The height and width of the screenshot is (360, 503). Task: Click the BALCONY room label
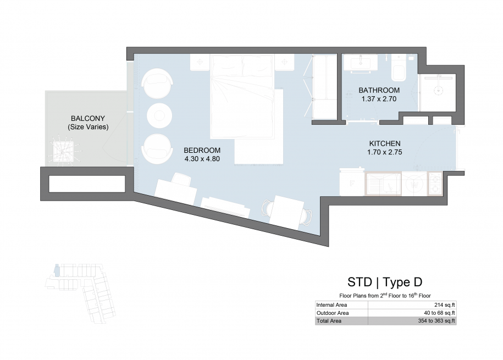[x=88, y=118]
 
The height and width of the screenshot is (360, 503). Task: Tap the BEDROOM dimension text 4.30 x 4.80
[x=202, y=159]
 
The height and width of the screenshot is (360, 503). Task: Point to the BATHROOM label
[x=379, y=90]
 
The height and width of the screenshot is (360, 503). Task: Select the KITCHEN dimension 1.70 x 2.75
[x=385, y=152]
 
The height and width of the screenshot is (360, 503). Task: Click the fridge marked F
[x=352, y=182]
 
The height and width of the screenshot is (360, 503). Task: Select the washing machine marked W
[x=414, y=184]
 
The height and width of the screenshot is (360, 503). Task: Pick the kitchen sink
[x=383, y=184]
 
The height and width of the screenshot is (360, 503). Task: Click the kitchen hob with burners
[x=435, y=184]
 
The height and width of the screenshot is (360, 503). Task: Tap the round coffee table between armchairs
[x=159, y=116]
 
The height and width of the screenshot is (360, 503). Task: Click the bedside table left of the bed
[x=200, y=62]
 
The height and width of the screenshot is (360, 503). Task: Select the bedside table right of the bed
[x=284, y=62]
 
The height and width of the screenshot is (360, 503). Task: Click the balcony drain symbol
[x=63, y=152]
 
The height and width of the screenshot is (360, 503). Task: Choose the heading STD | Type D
[x=385, y=282]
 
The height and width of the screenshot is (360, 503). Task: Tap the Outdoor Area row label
[x=333, y=313]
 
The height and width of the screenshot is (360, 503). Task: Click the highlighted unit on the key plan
[x=57, y=270]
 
